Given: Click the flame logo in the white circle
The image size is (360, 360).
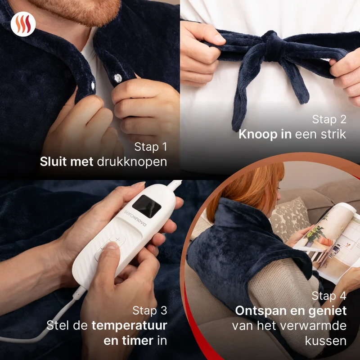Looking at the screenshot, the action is (x=23, y=24).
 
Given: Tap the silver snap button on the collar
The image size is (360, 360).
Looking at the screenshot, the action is (x=118, y=78).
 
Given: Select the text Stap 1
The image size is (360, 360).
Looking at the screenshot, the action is (x=151, y=147).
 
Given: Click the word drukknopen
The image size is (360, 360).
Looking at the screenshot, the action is (x=132, y=162).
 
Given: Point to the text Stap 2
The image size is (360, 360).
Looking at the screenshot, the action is (x=329, y=119).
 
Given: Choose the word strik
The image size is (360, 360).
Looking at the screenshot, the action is (x=333, y=134).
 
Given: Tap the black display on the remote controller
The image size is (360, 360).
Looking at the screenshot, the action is (x=147, y=207).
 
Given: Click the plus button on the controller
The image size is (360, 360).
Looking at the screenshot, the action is (x=118, y=240).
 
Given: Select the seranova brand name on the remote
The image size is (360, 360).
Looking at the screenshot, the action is (x=135, y=218).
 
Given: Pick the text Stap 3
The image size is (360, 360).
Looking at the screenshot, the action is (x=150, y=310).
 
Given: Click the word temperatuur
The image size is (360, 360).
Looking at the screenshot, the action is (x=129, y=326).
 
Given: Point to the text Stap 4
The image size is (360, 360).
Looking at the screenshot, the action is (x=329, y=296).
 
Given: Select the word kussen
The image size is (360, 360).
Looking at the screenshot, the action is (x=325, y=341).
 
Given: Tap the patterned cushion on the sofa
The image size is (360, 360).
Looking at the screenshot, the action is (x=290, y=218).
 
